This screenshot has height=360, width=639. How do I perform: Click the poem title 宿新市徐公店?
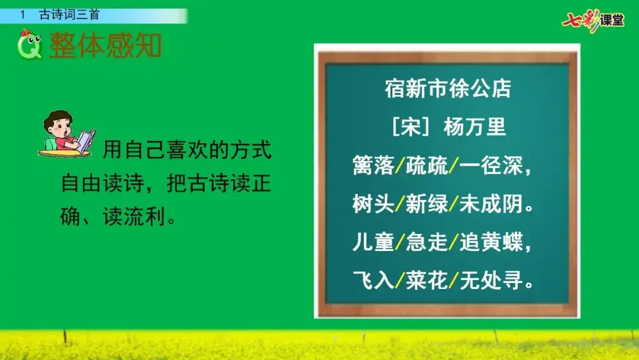(448, 88)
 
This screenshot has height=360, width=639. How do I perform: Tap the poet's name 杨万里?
(475, 127)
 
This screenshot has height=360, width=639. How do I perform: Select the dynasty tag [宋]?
(411, 127)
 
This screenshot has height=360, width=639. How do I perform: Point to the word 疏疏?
(427, 166)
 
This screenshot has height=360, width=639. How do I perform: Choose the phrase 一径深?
(491, 166)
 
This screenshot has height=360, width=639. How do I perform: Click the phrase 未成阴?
(491, 204)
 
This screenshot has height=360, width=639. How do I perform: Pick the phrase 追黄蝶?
(491, 242)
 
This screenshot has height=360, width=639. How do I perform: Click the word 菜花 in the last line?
(427, 280)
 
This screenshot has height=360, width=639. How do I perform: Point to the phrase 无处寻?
(491, 280)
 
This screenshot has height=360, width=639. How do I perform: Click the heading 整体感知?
(105, 45)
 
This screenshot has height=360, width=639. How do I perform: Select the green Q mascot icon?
(30, 44)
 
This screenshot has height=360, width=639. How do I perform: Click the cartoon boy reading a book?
(67, 133)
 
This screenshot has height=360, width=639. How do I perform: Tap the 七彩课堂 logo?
(593, 20)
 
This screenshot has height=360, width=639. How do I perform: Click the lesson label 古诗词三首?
(69, 15)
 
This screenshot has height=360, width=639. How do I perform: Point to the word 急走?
(427, 242)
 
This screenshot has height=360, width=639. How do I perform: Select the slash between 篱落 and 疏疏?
(400, 166)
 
